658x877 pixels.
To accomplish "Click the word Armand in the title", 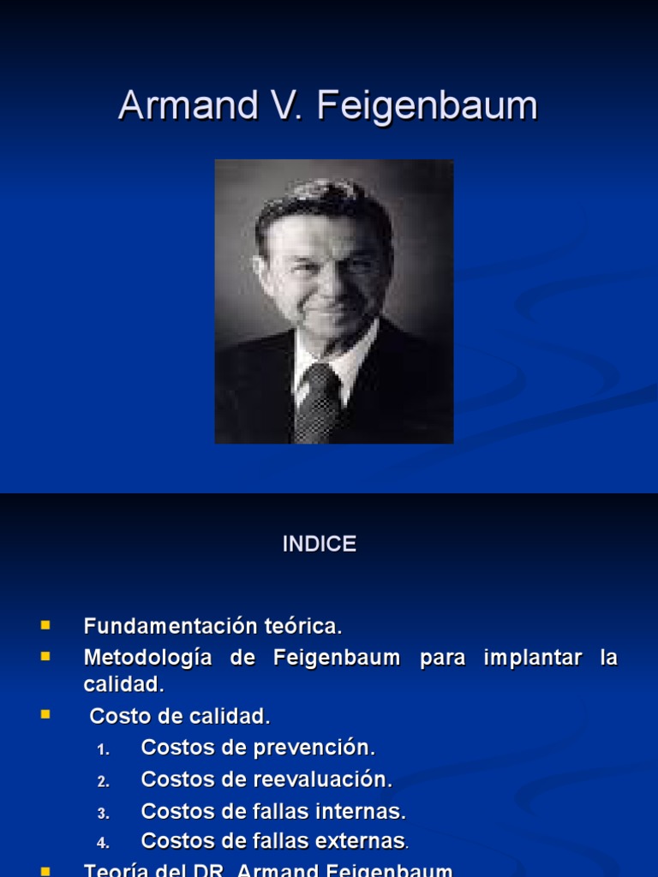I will point(185,106).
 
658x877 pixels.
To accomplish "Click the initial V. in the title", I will point(287,106).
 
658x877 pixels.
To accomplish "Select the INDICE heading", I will point(320,545).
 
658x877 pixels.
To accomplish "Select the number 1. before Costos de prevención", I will point(104,749).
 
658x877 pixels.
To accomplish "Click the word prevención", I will point(325,748).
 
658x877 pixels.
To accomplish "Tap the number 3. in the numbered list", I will point(104,814).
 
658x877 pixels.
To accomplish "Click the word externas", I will point(362,841).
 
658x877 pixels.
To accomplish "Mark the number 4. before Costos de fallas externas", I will point(104,844).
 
